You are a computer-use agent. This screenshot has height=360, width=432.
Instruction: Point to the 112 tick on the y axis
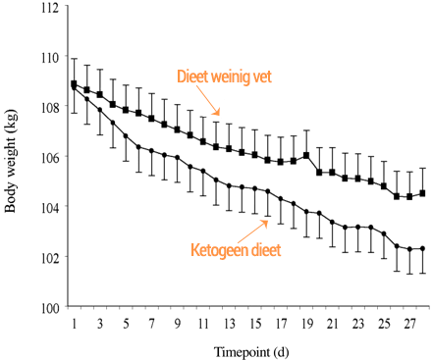[x=47, y=7]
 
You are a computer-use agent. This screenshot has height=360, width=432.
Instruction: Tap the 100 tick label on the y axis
[x=47, y=308]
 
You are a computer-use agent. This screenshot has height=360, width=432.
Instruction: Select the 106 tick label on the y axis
[x=47, y=157]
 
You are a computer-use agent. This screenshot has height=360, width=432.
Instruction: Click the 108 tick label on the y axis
[x=47, y=107]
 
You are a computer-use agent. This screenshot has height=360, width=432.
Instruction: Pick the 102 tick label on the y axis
[x=47, y=258]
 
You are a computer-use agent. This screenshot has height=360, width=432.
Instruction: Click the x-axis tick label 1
[x=75, y=323]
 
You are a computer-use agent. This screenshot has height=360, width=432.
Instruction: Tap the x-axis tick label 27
[x=409, y=323]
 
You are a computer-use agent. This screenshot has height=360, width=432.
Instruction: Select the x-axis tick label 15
[x=255, y=323]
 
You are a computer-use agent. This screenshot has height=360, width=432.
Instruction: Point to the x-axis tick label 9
[x=178, y=323]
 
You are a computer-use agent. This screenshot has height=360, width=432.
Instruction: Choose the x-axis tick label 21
[x=332, y=323]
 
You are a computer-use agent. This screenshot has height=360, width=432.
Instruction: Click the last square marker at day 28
[x=422, y=193]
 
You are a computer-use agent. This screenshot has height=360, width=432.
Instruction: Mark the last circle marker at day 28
[x=422, y=249]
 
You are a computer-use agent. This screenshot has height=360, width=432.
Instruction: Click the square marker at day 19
[x=306, y=155]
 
